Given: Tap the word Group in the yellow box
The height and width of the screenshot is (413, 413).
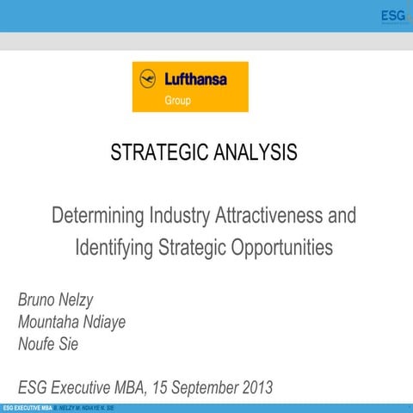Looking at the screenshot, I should pyautogui.click(x=178, y=100).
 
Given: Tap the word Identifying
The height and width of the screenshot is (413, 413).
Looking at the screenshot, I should pyautogui.click(x=114, y=248).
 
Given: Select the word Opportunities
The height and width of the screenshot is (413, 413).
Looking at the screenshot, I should pyautogui.click(x=279, y=248).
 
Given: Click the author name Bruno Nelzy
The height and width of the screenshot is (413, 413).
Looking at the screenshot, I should pyautogui.click(x=58, y=301).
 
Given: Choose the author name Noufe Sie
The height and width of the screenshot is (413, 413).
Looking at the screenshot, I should pyautogui.click(x=49, y=343).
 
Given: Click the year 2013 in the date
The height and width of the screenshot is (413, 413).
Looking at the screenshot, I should pyautogui.click(x=255, y=387).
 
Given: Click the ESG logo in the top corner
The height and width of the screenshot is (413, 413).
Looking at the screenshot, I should pyautogui.click(x=394, y=16).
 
